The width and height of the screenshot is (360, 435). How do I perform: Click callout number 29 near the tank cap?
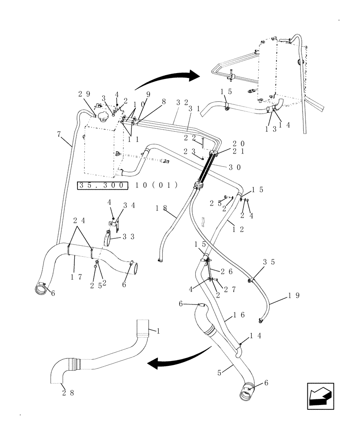[x=84, y=94]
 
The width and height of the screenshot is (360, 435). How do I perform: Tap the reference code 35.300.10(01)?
[x=127, y=185]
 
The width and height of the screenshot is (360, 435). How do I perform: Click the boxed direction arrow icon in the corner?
[x=320, y=396]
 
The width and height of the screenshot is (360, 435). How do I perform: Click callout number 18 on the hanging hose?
[x=161, y=208]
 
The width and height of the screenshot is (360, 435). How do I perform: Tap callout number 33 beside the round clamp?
[x=128, y=237]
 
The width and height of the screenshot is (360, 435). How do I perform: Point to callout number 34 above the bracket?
[x=128, y=205]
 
